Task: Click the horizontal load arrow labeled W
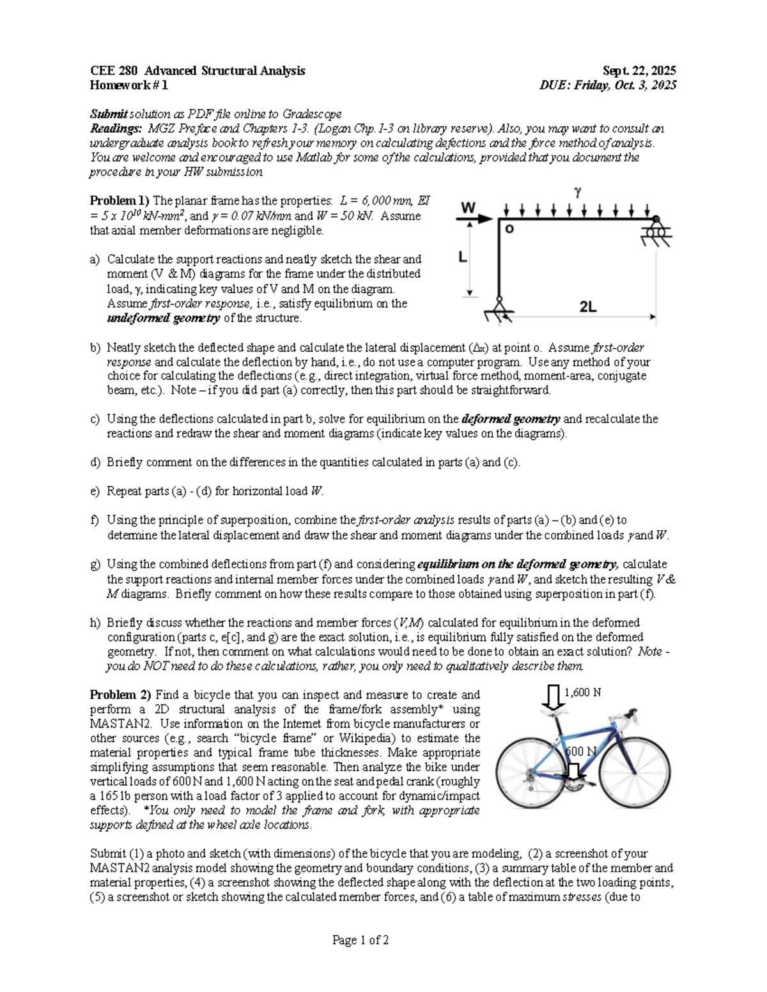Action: coord(475,218)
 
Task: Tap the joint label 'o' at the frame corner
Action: coord(509,228)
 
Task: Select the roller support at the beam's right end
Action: coord(655,231)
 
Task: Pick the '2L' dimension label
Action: coord(587,307)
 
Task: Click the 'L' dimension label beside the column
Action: coord(463,257)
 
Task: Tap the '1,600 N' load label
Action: coord(582,692)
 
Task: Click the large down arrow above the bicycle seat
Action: coord(553,698)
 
